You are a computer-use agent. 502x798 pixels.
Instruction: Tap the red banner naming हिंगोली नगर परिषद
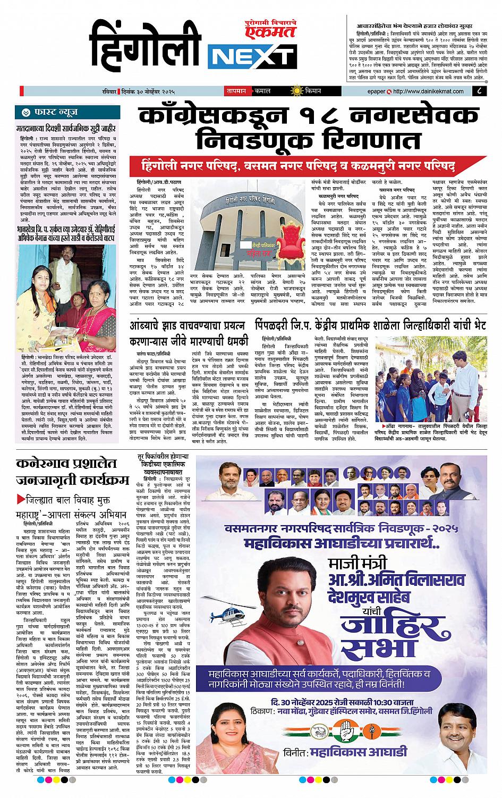(x=295, y=165)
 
